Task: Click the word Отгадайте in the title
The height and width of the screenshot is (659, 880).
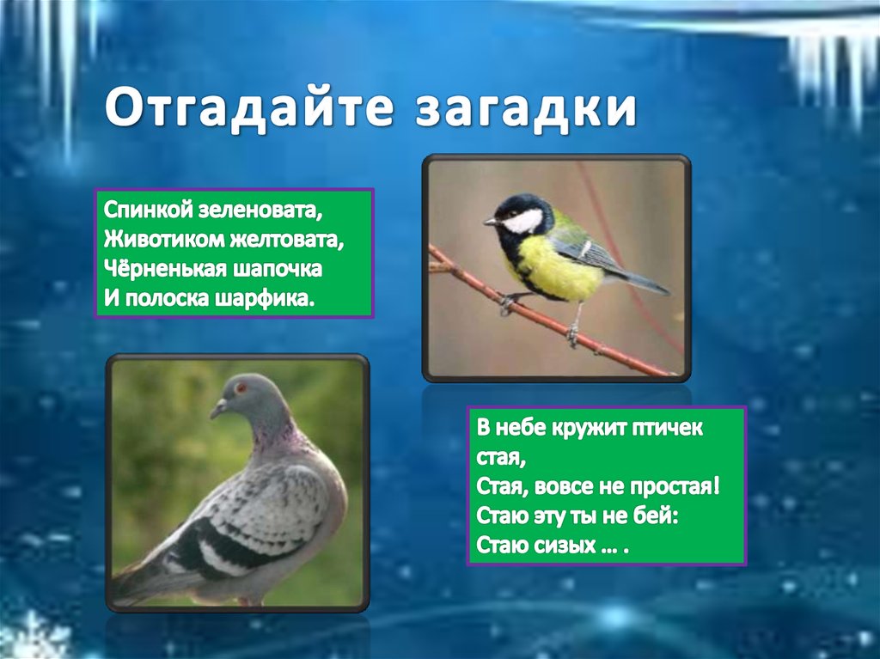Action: point(248,107)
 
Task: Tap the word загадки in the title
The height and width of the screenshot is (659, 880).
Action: point(526,107)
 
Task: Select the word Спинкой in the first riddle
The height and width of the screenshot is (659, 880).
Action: point(148,210)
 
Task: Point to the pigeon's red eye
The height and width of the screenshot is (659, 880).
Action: point(241,387)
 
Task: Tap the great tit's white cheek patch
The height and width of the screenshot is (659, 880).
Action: point(524,221)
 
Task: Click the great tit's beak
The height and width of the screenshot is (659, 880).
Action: point(491,223)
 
